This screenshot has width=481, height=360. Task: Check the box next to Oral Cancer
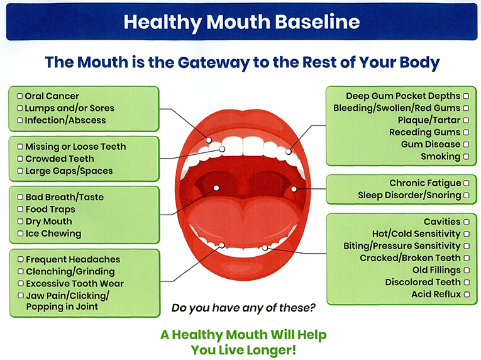(x=20, y=96)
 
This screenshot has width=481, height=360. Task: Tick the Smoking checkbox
(x=466, y=157)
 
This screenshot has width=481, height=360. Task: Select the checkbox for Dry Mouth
(x=20, y=222)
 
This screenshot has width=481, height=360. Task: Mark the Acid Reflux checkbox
(x=466, y=295)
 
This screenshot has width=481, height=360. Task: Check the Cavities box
(x=466, y=222)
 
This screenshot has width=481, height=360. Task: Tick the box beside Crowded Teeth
(x=20, y=159)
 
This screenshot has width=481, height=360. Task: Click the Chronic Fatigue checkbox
(x=466, y=183)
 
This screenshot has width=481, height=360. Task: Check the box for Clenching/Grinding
(x=20, y=272)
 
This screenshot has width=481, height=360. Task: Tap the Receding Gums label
(x=424, y=133)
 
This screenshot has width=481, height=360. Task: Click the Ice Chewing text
(x=53, y=233)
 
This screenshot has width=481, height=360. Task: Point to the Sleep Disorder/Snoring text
(x=409, y=195)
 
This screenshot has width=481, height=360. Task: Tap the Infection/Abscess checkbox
(x=20, y=120)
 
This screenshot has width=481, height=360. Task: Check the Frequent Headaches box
(x=20, y=259)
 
